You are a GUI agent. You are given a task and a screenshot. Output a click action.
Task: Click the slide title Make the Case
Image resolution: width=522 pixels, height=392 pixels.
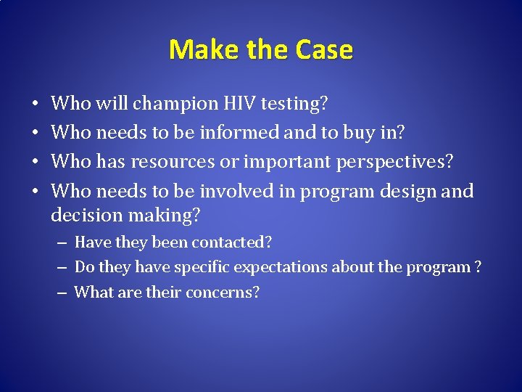point(261,50)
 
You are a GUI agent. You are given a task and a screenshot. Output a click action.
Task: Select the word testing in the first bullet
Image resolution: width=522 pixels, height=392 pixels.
point(294,105)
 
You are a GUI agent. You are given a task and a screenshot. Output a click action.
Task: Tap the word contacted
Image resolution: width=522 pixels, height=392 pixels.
point(231,242)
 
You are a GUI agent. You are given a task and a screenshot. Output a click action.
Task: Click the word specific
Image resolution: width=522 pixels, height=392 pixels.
point(183,267)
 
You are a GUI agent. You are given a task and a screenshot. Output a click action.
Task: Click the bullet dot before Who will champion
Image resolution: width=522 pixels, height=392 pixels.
point(36,105)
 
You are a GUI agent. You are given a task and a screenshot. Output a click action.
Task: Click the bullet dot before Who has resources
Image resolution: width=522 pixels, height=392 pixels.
point(36,163)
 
